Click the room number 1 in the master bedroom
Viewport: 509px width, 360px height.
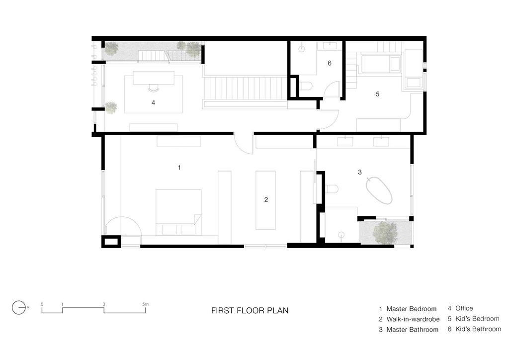179,168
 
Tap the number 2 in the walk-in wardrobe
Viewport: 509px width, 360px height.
266,199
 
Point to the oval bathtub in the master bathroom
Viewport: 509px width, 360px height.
379,190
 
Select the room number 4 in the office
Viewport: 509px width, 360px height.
153,102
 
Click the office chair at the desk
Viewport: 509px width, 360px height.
154,87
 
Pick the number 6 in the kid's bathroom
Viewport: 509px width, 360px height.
330,63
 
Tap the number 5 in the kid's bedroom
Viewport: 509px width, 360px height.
377,94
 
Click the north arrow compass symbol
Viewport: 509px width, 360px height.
19,307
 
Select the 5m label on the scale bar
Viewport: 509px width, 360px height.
145,304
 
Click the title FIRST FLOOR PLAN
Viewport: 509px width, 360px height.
250,311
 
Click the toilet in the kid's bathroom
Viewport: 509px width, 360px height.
306,86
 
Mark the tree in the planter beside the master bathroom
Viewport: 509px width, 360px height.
385,232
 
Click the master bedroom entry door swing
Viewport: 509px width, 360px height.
243,144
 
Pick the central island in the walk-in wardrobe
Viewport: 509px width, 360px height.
265,200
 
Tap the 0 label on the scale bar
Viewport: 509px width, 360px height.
42,304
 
